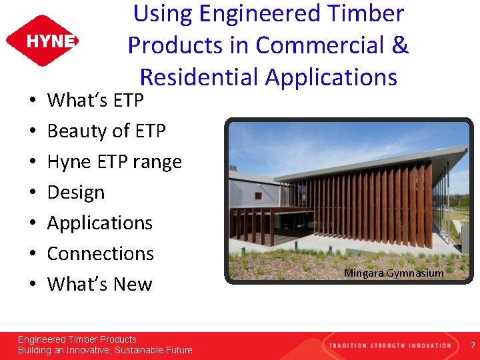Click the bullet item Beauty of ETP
[106, 131]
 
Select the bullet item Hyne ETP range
[114, 162]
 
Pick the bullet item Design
[76, 193]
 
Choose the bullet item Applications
[100, 223]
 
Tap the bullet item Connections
[100, 253]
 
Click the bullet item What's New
[99, 284]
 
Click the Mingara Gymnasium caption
[393, 273]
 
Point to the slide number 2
[472, 345]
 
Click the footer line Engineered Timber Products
[77, 339]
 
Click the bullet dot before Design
[33, 193]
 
